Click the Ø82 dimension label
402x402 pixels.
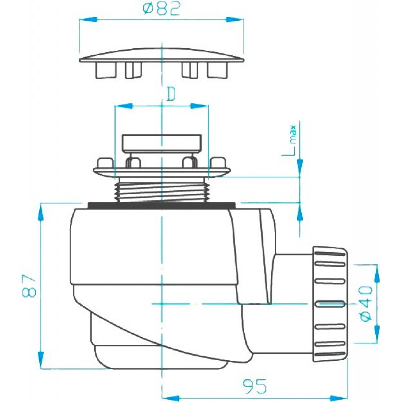pyautogui.click(x=162, y=8)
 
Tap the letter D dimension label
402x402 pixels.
pyautogui.click(x=171, y=94)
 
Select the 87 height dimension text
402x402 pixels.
pyautogui.click(x=29, y=286)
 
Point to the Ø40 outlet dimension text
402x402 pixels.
pyautogui.click(x=366, y=304)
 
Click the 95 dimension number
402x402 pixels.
pyautogui.click(x=255, y=386)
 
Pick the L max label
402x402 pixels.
pyautogui.click(x=290, y=140)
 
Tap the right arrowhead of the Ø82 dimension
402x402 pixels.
pyautogui.click(x=234, y=19)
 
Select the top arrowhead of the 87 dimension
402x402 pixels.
pyautogui.click(x=40, y=212)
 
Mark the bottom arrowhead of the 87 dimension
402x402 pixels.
pyautogui.click(x=40, y=360)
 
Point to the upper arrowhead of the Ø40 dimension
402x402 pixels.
pyautogui.click(x=377, y=273)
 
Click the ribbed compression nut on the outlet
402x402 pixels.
pyautogui.click(x=330, y=304)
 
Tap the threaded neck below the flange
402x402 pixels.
pyautogui.click(x=161, y=190)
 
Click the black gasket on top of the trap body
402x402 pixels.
pyautogui.click(x=161, y=205)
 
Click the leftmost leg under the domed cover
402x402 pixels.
pyautogui.click(x=106, y=70)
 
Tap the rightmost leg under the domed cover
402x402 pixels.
pyautogui.click(x=218, y=70)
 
